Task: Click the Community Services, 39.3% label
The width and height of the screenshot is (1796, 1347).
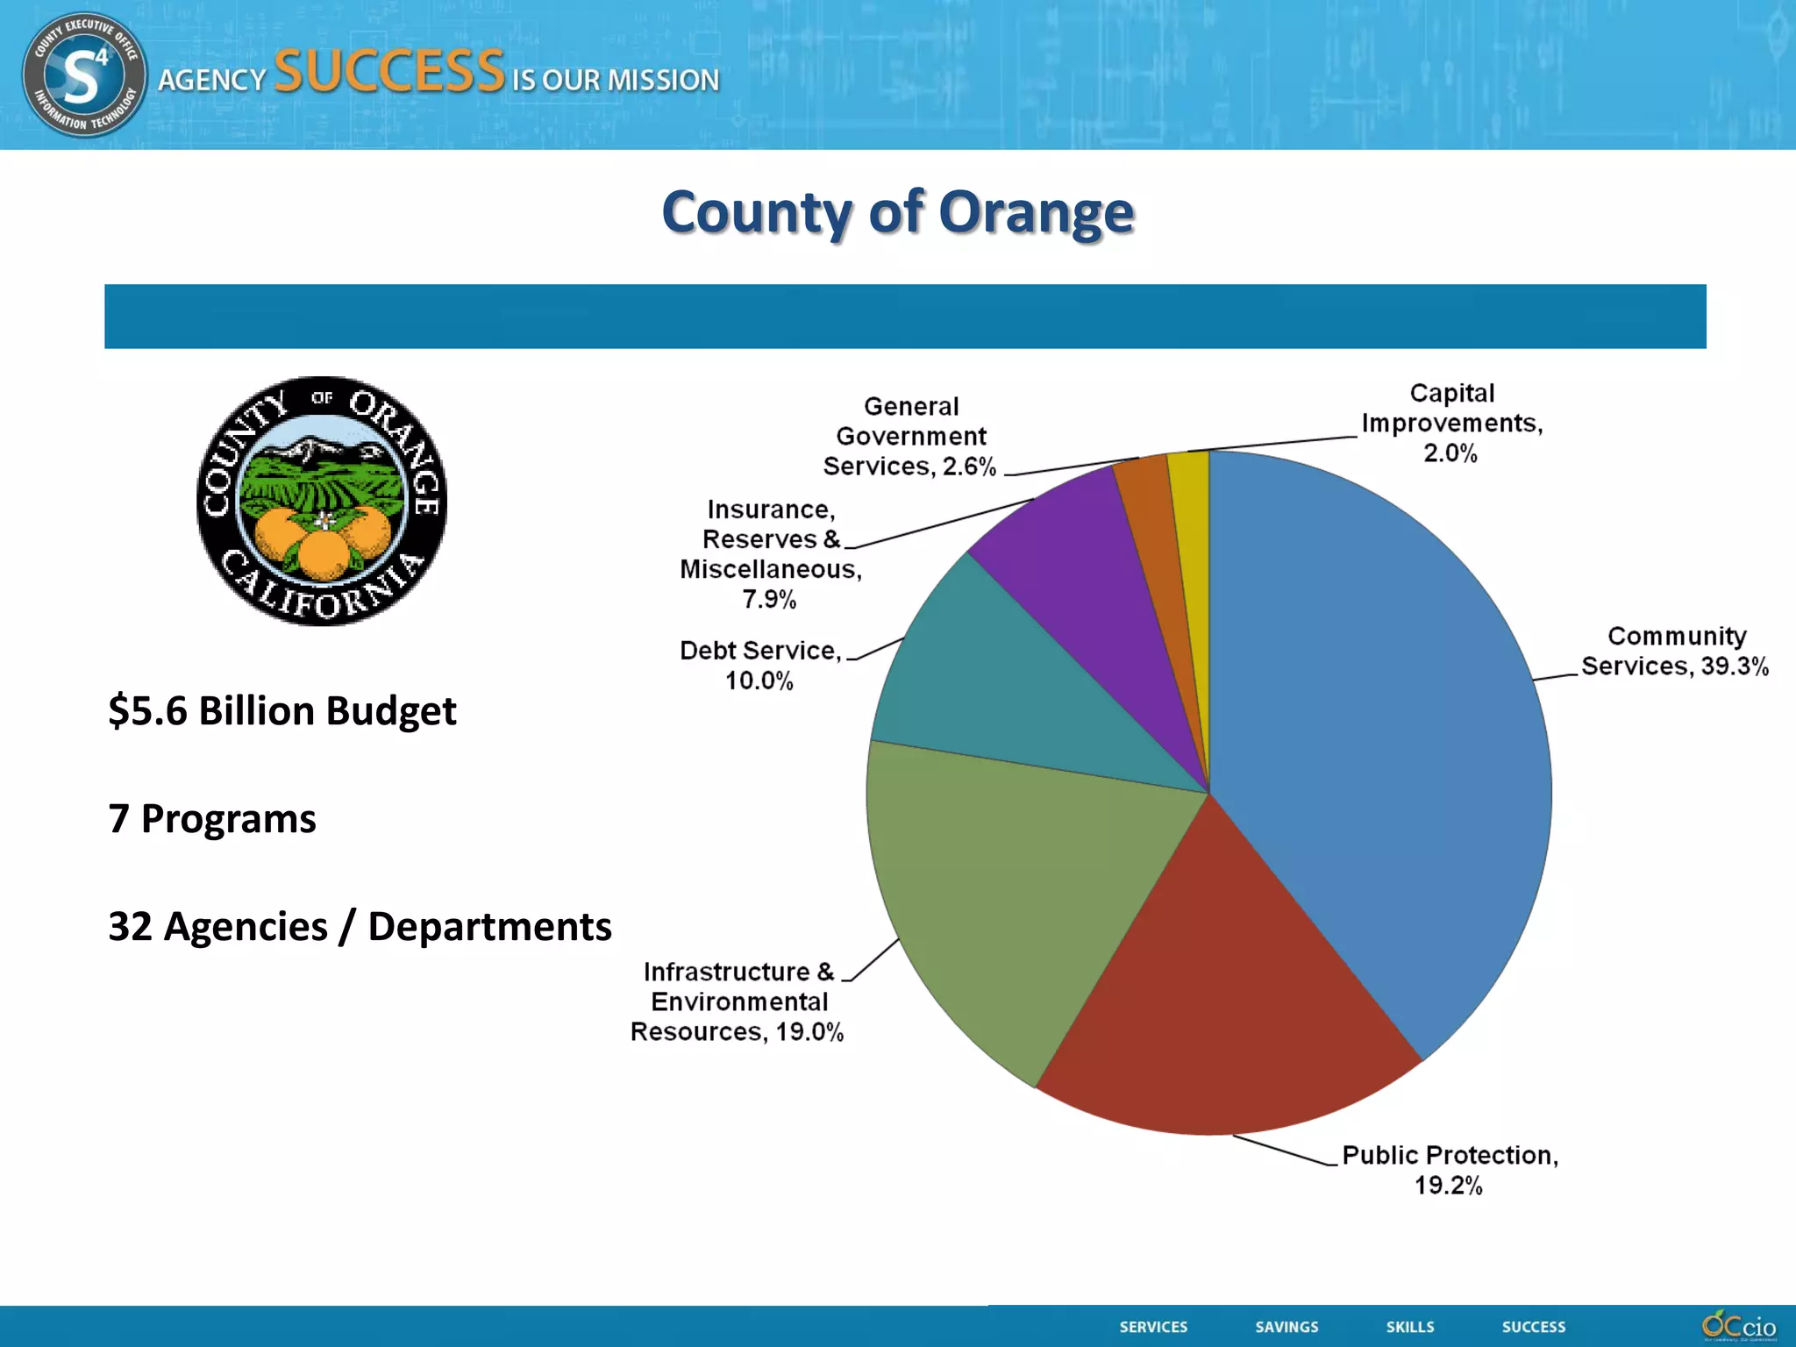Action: coord(1674,651)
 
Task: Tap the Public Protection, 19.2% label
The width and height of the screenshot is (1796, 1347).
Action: coord(1450,1170)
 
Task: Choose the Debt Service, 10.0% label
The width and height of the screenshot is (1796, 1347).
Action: coord(759,665)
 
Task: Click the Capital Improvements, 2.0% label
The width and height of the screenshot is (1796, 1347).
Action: coord(1451,423)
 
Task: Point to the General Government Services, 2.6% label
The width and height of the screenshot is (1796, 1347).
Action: coord(910,436)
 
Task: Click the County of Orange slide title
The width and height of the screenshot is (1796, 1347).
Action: coord(897,212)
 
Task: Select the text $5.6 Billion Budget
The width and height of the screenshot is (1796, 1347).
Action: coord(282,710)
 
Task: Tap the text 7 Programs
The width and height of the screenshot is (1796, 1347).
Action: coord(211,818)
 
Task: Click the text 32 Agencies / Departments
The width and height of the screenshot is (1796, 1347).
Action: coord(360,926)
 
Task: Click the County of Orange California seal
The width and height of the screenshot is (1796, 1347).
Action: coord(322,501)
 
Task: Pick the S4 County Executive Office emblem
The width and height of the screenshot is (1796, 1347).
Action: coord(84,75)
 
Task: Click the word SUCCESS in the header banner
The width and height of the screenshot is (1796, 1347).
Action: coord(389,72)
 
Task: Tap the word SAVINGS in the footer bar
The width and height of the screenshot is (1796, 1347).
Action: coord(1286,1327)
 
